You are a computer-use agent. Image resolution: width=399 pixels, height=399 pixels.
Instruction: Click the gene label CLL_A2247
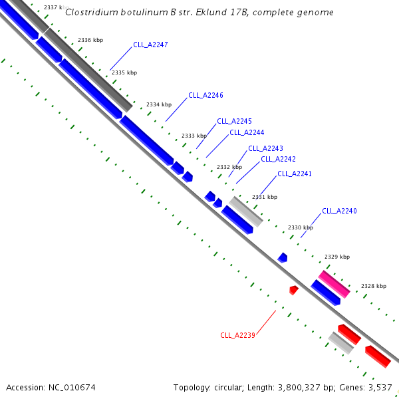[150, 45]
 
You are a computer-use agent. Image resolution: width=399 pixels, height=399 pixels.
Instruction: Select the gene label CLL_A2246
[205, 95]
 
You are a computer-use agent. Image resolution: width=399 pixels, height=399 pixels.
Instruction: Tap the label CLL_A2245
[234, 121]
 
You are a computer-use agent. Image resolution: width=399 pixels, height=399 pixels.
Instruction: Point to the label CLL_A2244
[247, 132]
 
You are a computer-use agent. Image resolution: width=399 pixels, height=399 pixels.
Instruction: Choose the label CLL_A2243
[265, 148]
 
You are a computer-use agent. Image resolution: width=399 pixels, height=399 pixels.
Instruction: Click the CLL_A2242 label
[278, 159]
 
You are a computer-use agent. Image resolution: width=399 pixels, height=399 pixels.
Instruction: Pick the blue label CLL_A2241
[295, 174]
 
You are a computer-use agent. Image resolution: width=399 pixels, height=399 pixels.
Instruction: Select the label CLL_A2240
[339, 211]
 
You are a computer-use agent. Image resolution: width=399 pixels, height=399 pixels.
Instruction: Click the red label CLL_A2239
[237, 335]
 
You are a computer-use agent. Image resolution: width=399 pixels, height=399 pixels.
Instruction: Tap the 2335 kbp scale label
[124, 72]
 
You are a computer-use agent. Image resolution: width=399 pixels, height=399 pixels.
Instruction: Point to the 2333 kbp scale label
[194, 136]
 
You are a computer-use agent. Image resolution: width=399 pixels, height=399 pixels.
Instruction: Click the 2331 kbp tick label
[265, 197]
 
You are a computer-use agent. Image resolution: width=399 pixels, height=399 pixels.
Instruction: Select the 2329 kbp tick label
[337, 256]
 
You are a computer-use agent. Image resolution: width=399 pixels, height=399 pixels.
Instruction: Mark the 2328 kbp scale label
[374, 286]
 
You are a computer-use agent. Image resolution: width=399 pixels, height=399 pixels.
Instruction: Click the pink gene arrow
[334, 284]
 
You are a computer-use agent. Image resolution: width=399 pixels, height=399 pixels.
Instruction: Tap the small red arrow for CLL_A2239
[294, 289]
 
